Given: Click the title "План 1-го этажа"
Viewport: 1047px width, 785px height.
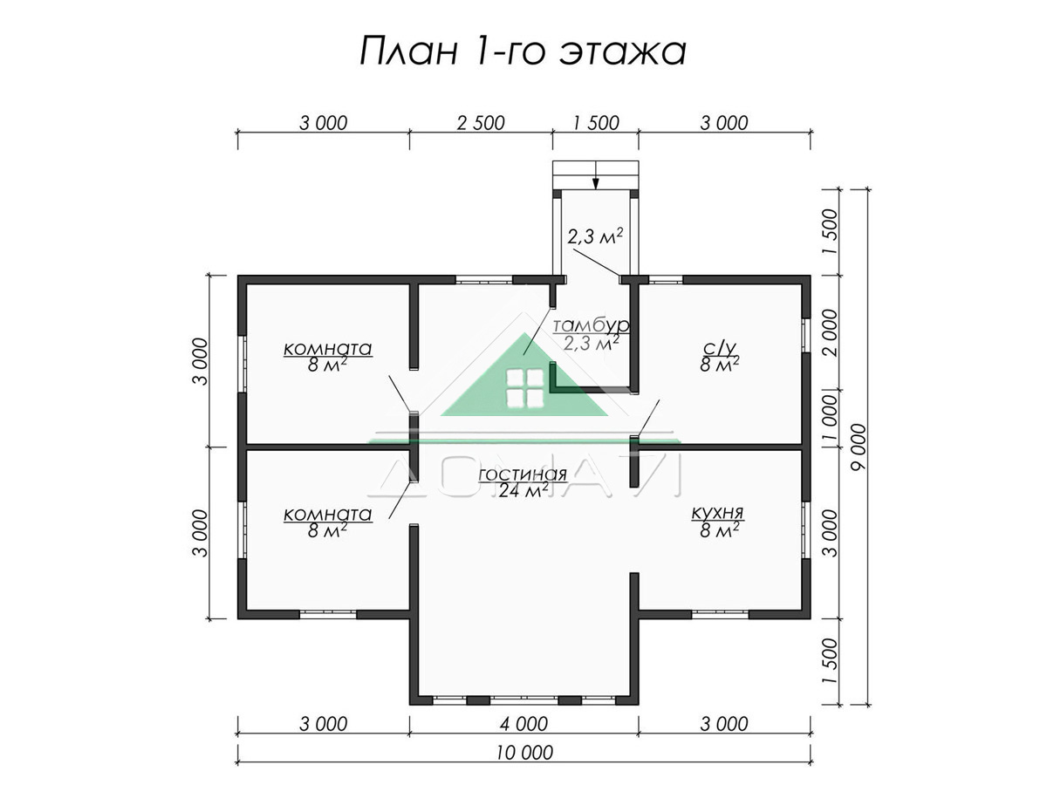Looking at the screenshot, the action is [523, 51].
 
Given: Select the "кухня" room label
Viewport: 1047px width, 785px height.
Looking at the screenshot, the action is [717, 514].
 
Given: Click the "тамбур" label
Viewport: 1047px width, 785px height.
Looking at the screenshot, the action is [591, 325].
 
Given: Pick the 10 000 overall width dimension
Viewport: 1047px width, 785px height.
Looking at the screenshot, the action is [523, 753].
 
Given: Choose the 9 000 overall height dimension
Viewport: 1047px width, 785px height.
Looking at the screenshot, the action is [859, 447].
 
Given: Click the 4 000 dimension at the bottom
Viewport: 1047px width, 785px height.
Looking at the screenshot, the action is [523, 724].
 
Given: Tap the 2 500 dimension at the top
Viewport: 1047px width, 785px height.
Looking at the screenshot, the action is [481, 123].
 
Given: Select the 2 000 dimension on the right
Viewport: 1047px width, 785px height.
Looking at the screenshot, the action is [830, 332].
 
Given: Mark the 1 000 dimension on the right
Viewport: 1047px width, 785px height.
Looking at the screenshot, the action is [830, 418].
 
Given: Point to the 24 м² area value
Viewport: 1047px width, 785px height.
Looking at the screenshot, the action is [523, 490].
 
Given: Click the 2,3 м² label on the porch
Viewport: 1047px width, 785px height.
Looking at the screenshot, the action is [595, 236].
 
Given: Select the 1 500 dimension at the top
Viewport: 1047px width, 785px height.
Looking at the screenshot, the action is [596, 123].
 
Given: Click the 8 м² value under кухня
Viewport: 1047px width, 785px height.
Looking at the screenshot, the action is [719, 530].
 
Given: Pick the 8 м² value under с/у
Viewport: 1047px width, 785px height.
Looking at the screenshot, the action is [719, 365].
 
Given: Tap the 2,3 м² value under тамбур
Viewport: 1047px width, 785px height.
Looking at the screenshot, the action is [591, 342].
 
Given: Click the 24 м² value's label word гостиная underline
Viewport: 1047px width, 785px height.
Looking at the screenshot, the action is [523, 482].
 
